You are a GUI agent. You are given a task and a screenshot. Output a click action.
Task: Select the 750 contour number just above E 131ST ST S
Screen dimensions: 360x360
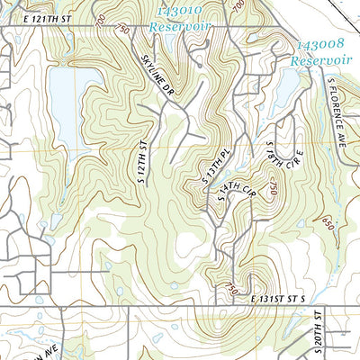point(231,288)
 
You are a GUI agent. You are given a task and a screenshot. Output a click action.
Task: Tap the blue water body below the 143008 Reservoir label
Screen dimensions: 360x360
point(285,90)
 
